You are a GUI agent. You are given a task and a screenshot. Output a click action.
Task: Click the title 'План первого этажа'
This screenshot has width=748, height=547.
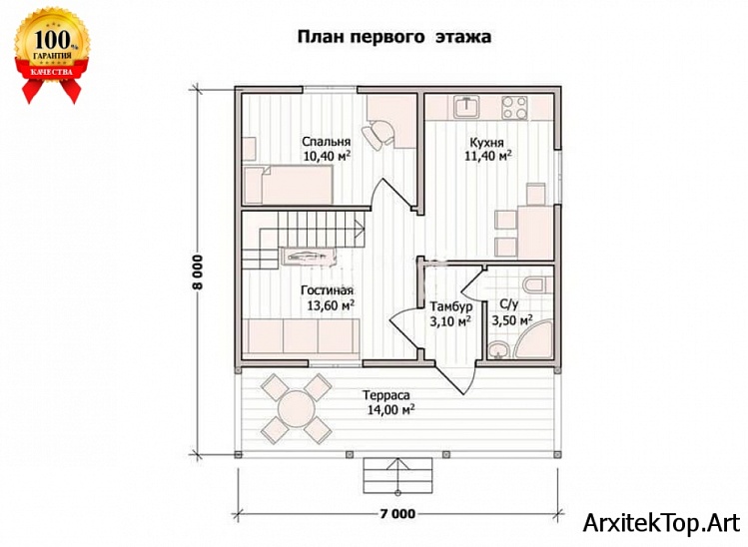click(x=392, y=37)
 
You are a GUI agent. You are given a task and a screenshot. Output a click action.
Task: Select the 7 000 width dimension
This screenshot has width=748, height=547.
click(x=397, y=514)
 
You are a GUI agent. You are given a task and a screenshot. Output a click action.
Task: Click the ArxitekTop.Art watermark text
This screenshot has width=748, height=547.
click(x=662, y=522)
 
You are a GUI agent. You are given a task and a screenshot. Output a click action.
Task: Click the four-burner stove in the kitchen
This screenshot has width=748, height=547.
click(x=514, y=105)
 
